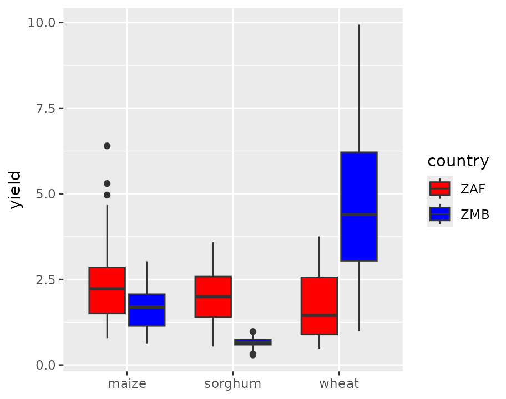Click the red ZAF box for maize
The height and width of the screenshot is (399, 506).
tap(107, 290)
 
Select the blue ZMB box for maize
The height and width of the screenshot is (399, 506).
tap(147, 310)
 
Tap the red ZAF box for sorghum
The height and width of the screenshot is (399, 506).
tap(213, 296)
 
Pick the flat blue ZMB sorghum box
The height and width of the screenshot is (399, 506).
tap(253, 342)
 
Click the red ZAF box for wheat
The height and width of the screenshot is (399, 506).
tap(319, 305)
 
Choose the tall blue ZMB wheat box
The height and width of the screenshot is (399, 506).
tap(359, 206)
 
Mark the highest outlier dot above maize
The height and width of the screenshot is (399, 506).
tap(107, 146)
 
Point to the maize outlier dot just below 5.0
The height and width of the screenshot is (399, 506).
tap(107, 195)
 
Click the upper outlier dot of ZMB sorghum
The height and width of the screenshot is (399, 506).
tap(253, 331)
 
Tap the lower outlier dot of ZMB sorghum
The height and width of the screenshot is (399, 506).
tap(253, 355)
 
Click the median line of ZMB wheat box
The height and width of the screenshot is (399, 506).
tap(359, 214)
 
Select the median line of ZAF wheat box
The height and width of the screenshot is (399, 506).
tap(319, 315)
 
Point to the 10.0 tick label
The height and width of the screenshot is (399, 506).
tap(42, 23)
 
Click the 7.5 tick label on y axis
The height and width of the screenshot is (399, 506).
tap(45, 109)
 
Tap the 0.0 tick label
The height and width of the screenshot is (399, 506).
tap(45, 366)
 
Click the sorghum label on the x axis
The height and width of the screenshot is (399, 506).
tap(232, 384)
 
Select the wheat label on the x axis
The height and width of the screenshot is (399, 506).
tap(339, 383)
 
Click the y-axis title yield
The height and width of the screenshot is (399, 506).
tap(15, 190)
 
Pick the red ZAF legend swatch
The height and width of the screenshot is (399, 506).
tap(440, 188)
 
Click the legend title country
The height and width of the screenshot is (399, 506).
tap(458, 161)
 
